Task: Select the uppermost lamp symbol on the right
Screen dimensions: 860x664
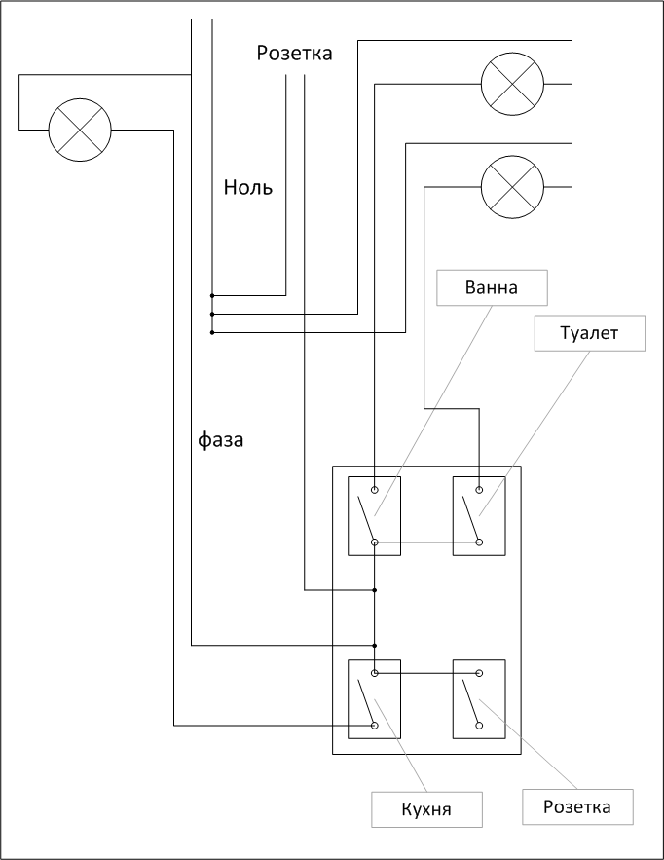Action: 512,83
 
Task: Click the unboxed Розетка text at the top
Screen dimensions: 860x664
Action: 294,54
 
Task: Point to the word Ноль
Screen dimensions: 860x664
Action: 248,188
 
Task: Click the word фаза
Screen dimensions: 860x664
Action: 221,440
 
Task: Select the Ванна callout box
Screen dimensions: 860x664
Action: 492,288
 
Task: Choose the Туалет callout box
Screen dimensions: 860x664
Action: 590,333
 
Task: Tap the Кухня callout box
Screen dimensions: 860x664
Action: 427,808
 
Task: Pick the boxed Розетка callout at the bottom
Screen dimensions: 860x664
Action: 577,806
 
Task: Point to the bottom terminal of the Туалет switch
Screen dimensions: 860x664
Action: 479,542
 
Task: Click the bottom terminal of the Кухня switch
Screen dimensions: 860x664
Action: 375,725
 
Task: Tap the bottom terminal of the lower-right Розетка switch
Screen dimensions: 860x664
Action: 479,725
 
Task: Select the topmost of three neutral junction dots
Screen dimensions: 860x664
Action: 211,294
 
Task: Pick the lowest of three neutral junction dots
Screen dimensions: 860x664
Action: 211,333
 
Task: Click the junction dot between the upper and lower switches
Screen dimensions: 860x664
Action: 375,590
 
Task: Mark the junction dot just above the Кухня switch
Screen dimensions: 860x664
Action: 375,645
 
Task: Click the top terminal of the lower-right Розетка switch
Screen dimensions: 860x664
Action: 479,673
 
